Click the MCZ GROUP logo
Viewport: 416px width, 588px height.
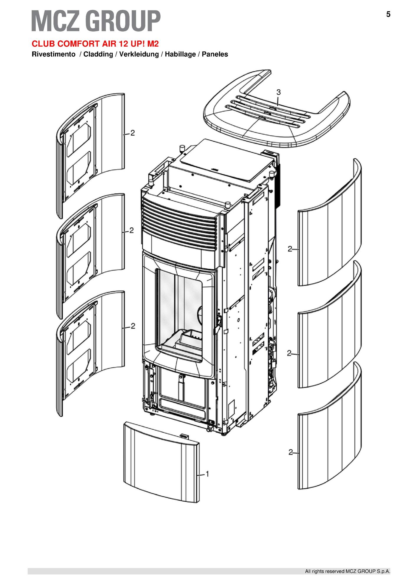click(x=96, y=21)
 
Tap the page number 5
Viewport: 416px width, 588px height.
click(x=388, y=14)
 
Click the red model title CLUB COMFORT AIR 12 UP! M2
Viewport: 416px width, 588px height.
click(x=95, y=44)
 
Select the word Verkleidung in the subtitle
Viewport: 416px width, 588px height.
click(x=139, y=54)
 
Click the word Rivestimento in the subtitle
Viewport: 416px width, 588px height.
click(x=53, y=54)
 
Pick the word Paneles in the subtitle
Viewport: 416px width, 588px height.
click(x=215, y=54)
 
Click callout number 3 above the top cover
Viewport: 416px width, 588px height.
click(x=279, y=92)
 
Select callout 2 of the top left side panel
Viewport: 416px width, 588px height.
click(x=133, y=133)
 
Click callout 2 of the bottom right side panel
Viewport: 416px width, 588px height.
click(x=291, y=452)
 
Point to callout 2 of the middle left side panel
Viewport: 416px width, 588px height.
click(x=132, y=230)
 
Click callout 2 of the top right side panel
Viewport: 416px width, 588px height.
click(x=290, y=249)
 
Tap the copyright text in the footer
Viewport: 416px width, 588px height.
click(x=348, y=571)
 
